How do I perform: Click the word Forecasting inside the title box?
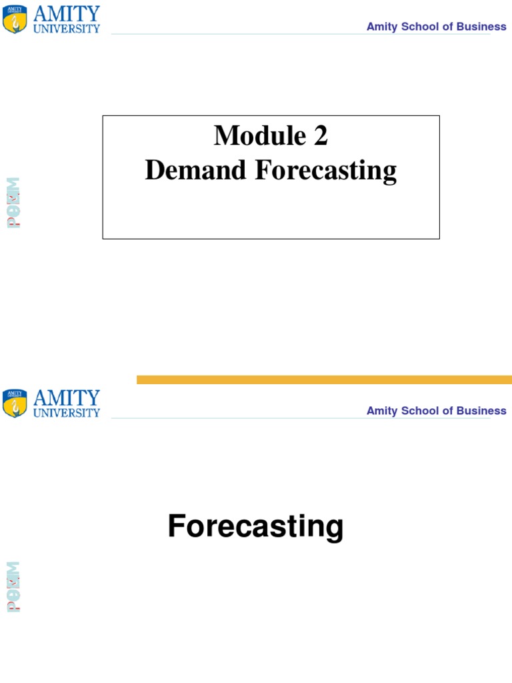pyautogui.click(x=325, y=170)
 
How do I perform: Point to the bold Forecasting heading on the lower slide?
pyautogui.click(x=256, y=526)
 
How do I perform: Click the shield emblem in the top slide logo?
pyautogui.click(x=15, y=20)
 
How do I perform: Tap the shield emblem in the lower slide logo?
pyautogui.click(x=15, y=404)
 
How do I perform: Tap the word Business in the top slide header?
pyautogui.click(x=479, y=27)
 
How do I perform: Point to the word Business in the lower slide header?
pyautogui.click(x=479, y=411)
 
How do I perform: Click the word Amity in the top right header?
pyautogui.click(x=381, y=27)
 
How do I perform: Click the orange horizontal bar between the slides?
pyautogui.click(x=324, y=380)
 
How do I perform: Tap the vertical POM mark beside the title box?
pyautogui.click(x=13, y=203)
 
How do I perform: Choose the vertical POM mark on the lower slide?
pyautogui.click(x=13, y=587)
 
